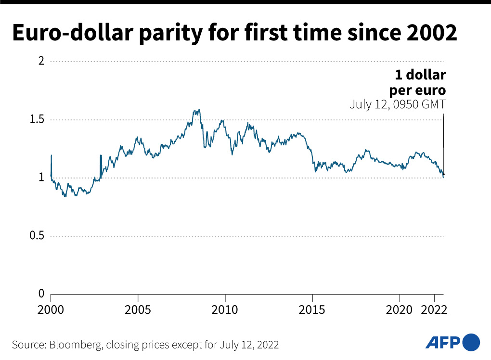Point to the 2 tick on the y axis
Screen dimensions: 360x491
click(x=41, y=62)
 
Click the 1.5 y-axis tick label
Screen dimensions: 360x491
click(x=37, y=120)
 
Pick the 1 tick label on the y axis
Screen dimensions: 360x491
click(x=41, y=178)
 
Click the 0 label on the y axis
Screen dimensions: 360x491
click(x=41, y=294)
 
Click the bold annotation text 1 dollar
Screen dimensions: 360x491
click(x=420, y=76)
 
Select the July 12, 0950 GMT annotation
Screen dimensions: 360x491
click(x=398, y=104)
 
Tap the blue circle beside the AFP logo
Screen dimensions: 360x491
click(x=471, y=343)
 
